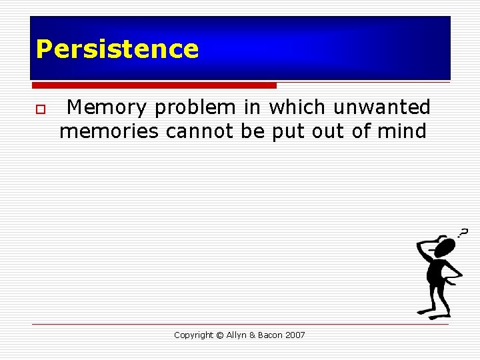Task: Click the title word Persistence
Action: (x=117, y=49)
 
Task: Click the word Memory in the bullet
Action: (x=105, y=107)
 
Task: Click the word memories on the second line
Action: (x=109, y=131)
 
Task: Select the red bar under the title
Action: (x=154, y=85)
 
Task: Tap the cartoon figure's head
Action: (x=444, y=248)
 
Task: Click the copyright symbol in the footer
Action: (x=219, y=335)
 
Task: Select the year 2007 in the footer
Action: (x=295, y=335)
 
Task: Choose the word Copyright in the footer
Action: (x=193, y=335)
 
